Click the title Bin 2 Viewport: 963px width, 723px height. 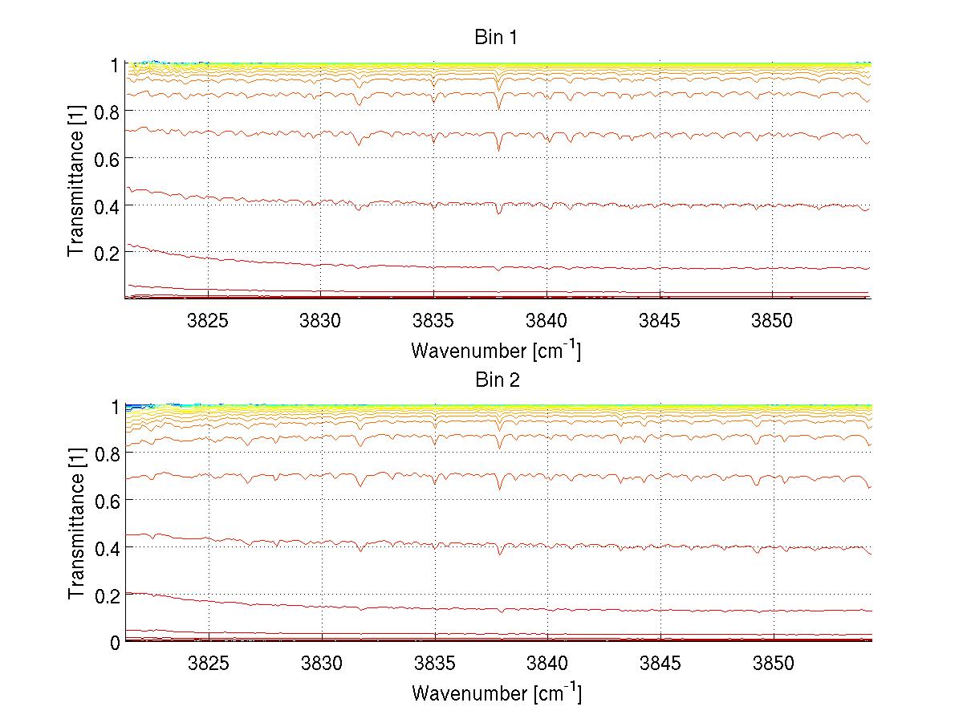click(x=497, y=380)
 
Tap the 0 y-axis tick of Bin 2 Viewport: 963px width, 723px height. click(x=116, y=641)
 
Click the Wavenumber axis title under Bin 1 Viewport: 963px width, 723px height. click(x=496, y=350)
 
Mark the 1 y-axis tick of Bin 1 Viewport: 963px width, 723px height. click(x=116, y=65)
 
